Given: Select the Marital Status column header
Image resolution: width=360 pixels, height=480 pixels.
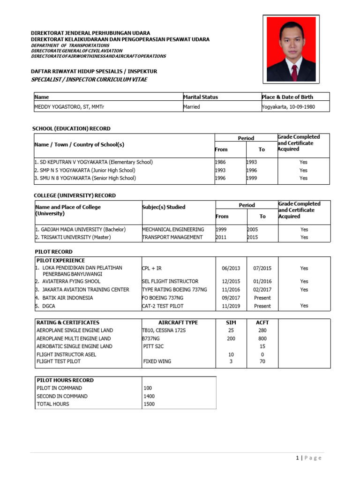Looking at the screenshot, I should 201,97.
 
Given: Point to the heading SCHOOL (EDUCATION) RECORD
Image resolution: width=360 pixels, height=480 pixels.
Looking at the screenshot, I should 71,128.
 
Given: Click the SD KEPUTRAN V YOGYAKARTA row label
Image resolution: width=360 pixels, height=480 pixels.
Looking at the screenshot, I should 94,162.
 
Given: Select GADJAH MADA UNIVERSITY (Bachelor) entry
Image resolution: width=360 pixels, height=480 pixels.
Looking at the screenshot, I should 80,230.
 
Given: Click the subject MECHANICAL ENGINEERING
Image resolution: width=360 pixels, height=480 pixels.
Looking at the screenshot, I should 173,230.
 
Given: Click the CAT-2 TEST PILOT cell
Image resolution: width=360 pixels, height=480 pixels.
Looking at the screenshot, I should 163,306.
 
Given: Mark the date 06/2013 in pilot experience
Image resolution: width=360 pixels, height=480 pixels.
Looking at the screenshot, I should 231,269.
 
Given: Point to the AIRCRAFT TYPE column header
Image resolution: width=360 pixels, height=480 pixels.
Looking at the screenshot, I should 178,322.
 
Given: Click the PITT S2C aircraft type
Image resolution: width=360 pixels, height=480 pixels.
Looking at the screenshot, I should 155,346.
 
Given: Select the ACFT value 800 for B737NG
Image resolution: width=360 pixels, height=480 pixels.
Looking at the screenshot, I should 262,338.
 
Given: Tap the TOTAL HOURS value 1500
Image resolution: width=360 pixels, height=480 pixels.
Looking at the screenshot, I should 150,404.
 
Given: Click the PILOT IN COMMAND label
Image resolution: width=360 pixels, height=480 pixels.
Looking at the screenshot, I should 59,388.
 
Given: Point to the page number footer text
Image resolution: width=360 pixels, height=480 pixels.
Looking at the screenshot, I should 308,458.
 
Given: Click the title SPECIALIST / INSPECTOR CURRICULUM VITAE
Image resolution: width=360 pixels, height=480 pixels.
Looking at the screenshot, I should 89,80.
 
